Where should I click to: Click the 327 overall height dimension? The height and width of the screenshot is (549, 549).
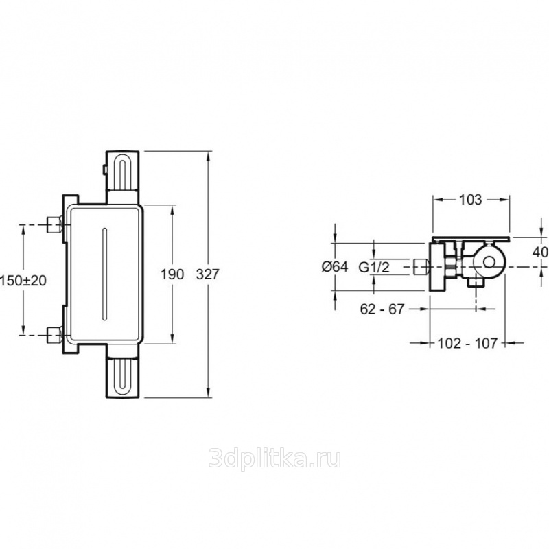[x=208, y=274]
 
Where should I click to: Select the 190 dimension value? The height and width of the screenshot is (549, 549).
[x=172, y=274]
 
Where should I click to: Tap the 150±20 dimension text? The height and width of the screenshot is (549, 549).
[x=23, y=281]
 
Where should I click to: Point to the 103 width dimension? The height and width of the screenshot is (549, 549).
[x=470, y=199]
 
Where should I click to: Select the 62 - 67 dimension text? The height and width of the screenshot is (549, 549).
[x=382, y=309]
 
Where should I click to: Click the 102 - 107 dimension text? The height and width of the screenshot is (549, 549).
[x=467, y=344]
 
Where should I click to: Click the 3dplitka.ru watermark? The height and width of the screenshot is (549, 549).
[x=275, y=458]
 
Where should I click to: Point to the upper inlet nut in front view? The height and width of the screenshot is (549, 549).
[x=55, y=225]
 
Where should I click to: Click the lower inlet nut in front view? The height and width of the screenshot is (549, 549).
[x=55, y=335]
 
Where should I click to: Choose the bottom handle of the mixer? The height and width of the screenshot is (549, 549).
[x=123, y=371]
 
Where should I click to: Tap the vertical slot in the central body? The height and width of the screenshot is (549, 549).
[x=104, y=274]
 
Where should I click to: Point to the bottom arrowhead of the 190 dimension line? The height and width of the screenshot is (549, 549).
[x=173, y=338]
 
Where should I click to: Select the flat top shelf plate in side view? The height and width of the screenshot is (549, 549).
[x=471, y=239]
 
